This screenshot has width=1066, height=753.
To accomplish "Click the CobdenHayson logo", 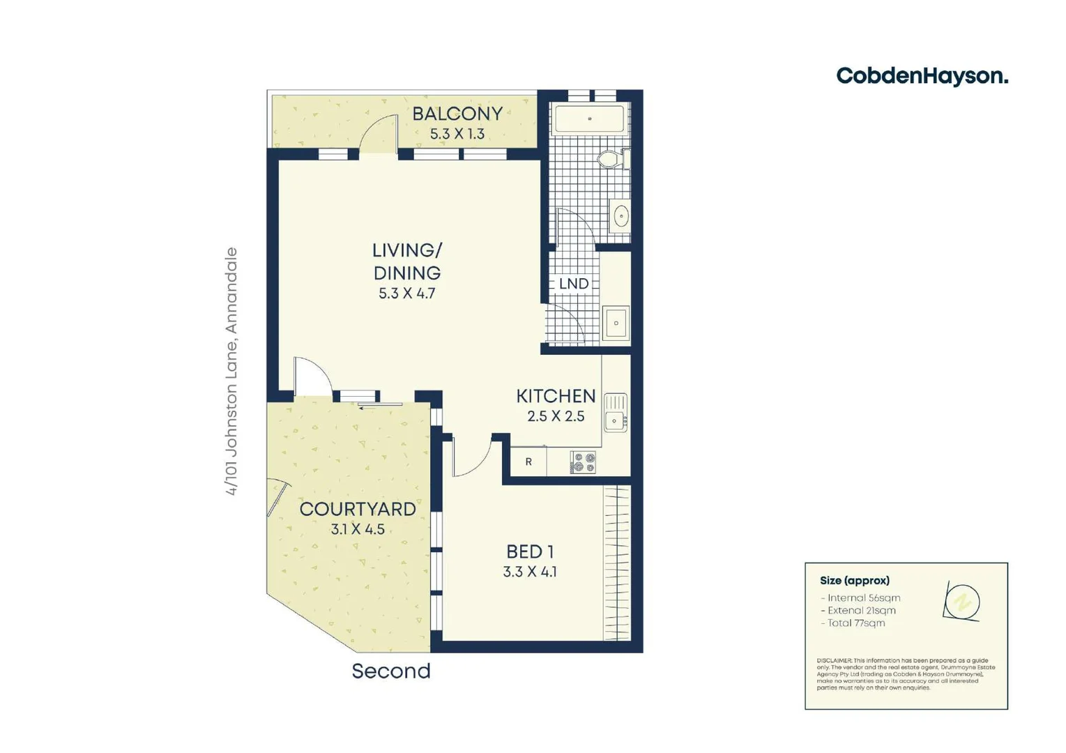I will [922, 76].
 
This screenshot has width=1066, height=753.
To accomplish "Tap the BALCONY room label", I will [457, 114].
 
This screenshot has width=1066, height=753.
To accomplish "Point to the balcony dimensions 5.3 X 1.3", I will [457, 134].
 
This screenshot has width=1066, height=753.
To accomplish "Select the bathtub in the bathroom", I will [589, 119].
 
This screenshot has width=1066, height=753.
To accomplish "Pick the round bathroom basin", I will [620, 217].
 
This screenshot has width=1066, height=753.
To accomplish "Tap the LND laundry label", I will [574, 284].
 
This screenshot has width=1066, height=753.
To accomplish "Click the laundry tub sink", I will [616, 324].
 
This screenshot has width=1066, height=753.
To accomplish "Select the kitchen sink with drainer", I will [615, 412].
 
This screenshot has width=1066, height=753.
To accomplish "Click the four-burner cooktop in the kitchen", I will [584, 462].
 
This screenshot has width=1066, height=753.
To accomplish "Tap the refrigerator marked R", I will [528, 462].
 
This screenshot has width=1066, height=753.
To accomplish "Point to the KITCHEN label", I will [556, 396].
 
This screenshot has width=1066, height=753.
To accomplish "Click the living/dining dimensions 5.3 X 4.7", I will [406, 294].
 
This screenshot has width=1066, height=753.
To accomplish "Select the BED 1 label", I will [530, 552].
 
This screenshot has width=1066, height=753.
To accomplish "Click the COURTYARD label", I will [357, 509].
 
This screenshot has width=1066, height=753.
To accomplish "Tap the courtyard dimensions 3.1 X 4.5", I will [357, 529].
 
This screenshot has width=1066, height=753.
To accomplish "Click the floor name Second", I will [390, 671].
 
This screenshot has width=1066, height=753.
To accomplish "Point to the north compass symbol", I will [962, 601].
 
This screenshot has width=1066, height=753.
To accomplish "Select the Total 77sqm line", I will [855, 623].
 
